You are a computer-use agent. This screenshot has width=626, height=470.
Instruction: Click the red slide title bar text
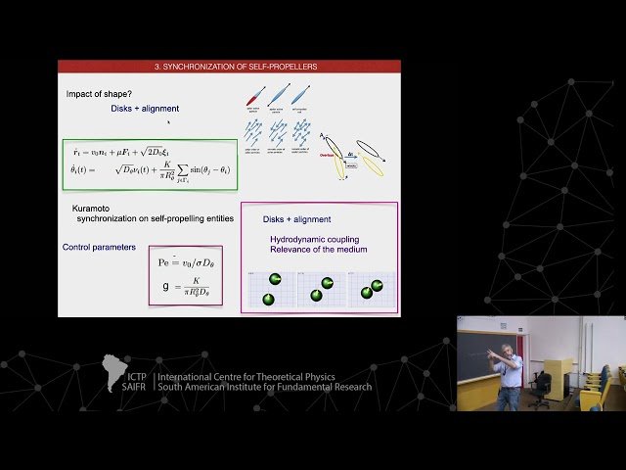tap(229, 67)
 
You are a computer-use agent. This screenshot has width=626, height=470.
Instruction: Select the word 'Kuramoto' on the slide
tap(91, 209)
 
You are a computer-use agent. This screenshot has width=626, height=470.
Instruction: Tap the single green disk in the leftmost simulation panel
tap(275, 280)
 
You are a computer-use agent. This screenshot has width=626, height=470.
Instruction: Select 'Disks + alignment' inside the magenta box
tap(297, 219)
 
